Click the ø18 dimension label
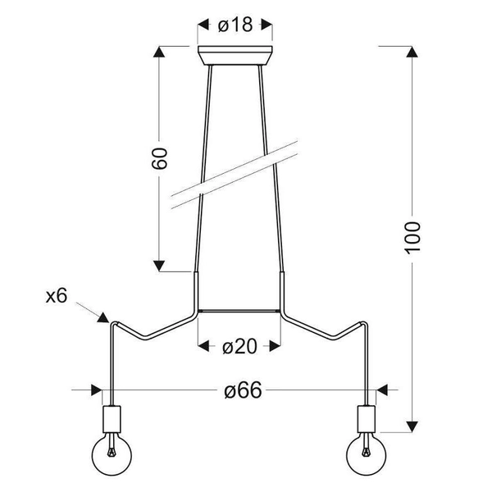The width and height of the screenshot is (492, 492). (x=235, y=25)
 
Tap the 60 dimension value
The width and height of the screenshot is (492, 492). (x=160, y=158)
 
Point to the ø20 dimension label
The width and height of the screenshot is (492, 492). (x=239, y=346)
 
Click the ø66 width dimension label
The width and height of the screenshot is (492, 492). (x=243, y=390)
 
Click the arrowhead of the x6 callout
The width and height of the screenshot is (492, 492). (x=103, y=317)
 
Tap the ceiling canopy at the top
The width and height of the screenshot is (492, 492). (x=235, y=56)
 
